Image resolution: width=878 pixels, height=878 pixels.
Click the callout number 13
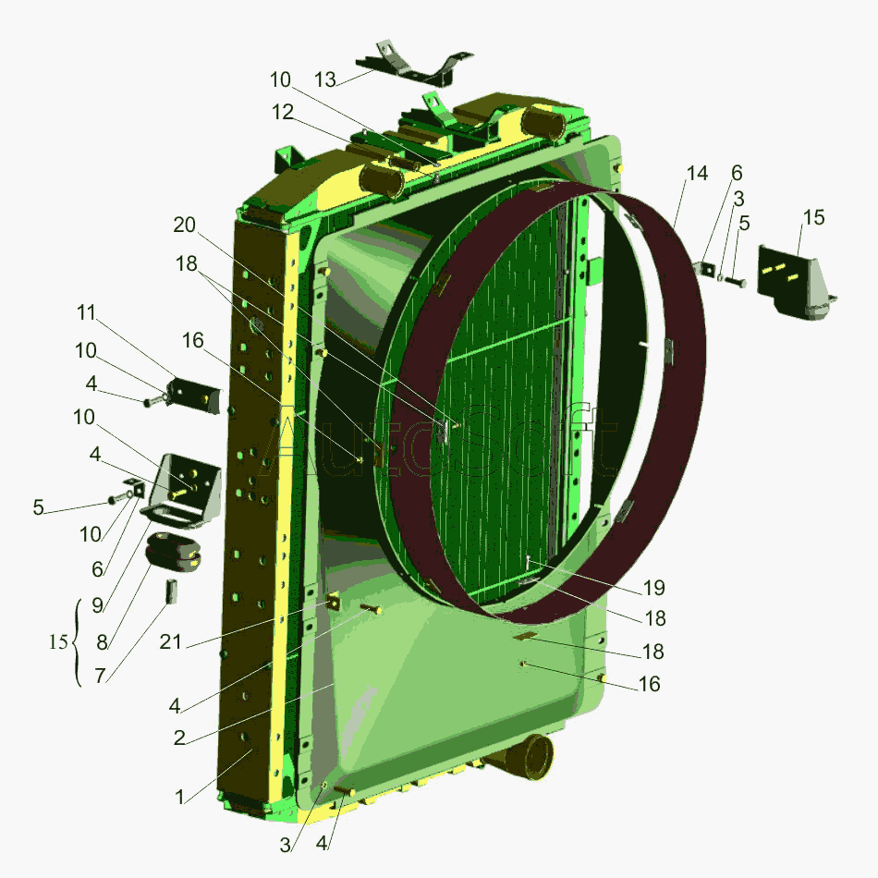[325, 80]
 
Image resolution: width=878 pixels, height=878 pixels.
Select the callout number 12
[283, 112]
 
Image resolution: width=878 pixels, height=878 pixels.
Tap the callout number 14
[697, 174]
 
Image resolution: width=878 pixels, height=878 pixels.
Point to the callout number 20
[184, 226]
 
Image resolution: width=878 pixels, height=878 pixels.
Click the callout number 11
[86, 312]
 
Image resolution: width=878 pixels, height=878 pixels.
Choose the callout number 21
[171, 641]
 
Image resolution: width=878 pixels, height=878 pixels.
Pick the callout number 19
[654, 588]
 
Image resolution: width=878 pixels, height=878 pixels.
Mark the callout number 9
[97, 604]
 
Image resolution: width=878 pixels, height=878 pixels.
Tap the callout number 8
[102, 642]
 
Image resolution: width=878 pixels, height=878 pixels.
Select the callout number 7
[100, 676]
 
